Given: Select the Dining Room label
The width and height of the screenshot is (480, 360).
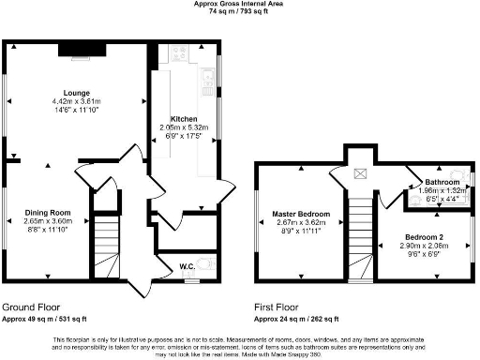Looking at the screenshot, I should pos(48,212).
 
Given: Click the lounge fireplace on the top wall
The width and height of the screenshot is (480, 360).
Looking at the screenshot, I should pos(72,48).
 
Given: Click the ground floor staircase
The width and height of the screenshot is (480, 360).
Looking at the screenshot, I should pos(110,235).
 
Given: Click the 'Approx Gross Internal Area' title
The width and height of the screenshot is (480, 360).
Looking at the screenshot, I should pos(240,5).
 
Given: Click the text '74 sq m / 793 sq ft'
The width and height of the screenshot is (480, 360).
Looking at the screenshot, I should pos(240,12).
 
